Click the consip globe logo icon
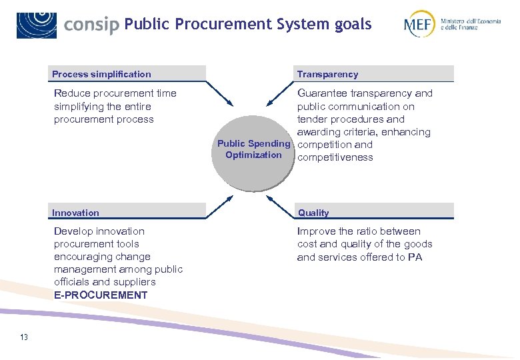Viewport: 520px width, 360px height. (37, 25)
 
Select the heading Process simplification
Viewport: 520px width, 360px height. (101, 74)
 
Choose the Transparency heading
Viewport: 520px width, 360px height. (327, 74)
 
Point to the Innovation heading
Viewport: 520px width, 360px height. (75, 213)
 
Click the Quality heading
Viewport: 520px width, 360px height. (313, 213)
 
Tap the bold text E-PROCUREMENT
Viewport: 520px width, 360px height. (101, 295)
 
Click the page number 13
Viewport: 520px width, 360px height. (24, 337)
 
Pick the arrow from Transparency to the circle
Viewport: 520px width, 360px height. (280, 93)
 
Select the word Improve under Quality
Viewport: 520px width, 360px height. (316, 231)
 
